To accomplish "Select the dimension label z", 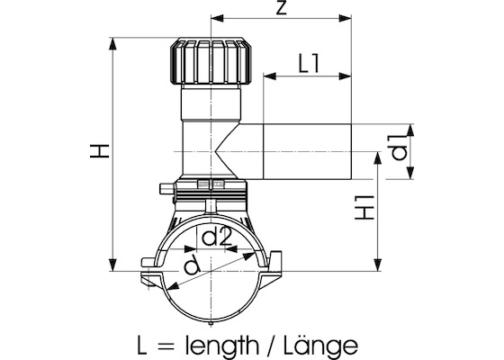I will pos(282,10).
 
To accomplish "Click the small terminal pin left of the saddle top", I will pos(163,189).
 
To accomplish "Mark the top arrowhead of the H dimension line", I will pos(113,41).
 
